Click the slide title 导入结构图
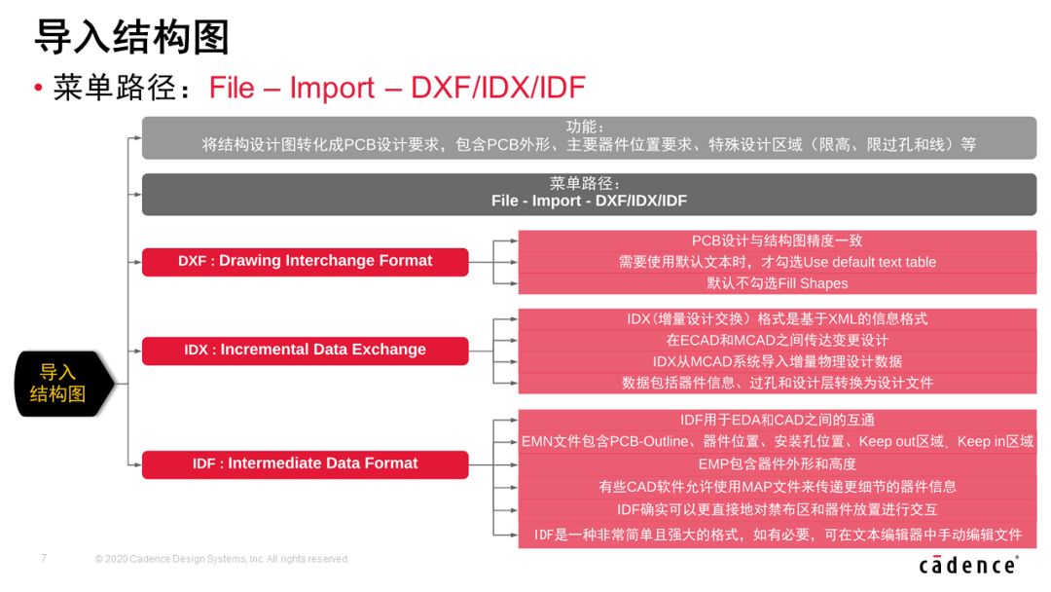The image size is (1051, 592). pyautogui.click(x=132, y=36)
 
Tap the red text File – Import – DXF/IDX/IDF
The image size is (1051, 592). pyautogui.click(x=397, y=88)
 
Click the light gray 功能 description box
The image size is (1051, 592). pyautogui.click(x=589, y=137)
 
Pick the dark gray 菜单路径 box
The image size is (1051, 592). pyautogui.click(x=589, y=195)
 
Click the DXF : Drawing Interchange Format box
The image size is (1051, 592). pyautogui.click(x=305, y=262)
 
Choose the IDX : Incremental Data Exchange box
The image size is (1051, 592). pyautogui.click(x=305, y=351)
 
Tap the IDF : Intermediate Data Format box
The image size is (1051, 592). pyautogui.click(x=305, y=464)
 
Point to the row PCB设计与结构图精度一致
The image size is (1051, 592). pyautogui.click(x=778, y=240)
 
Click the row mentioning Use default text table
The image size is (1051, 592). pyautogui.click(x=778, y=262)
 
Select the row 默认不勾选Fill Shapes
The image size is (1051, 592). pyautogui.click(x=778, y=283)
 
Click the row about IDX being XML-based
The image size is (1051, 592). pyautogui.click(x=778, y=319)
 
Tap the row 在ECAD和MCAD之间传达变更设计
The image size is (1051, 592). pyautogui.click(x=778, y=340)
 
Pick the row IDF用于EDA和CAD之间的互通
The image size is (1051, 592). pyautogui.click(x=778, y=421)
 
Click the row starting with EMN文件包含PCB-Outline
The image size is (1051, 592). pyautogui.click(x=778, y=442)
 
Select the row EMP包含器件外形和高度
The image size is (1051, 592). pyautogui.click(x=778, y=463)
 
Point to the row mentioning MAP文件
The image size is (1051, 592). pyautogui.click(x=778, y=487)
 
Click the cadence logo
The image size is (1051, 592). pyautogui.click(x=968, y=565)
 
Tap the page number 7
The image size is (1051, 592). pyautogui.click(x=44, y=558)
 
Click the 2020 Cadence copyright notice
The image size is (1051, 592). pyautogui.click(x=222, y=559)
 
